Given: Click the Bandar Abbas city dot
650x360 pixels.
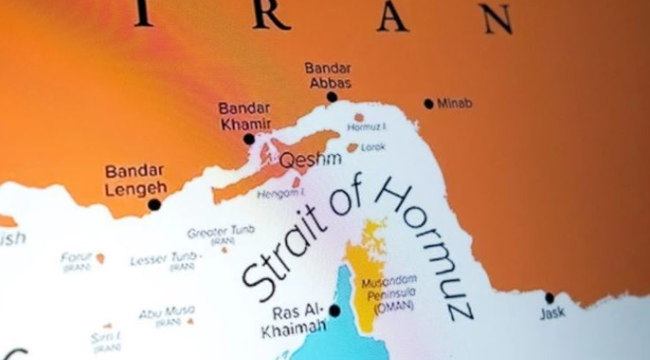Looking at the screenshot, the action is point(332,97).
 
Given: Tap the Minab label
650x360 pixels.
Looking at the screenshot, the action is point(455,104).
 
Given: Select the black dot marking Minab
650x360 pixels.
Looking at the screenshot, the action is point(429,104).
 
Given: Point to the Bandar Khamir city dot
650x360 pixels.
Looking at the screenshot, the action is point(249,139).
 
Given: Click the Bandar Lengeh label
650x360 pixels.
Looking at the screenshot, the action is point(135,180).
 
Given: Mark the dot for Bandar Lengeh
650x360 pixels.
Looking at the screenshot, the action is point(154,204).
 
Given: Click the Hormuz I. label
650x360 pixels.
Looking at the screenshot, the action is point(367,128).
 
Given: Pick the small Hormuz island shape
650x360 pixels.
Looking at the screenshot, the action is point(359,118).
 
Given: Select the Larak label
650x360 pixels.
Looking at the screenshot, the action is point(374,147).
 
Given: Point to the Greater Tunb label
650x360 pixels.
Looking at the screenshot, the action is point(221,234).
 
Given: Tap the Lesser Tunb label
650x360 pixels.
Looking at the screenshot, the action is point(164,260).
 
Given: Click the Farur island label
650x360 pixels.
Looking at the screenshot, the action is point(76,259).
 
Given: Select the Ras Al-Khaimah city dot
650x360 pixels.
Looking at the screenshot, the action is point(334,311).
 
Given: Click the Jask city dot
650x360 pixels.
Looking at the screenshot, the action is point(549,298).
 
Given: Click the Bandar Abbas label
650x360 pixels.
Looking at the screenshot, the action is point(328,75).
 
